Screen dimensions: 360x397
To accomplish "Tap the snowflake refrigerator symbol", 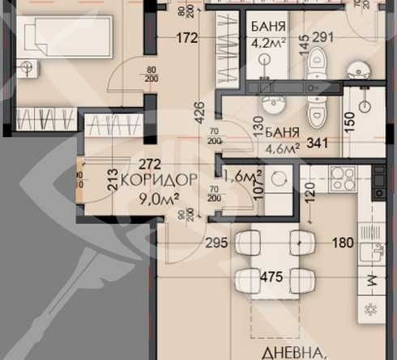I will click(x=372, y=308).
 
